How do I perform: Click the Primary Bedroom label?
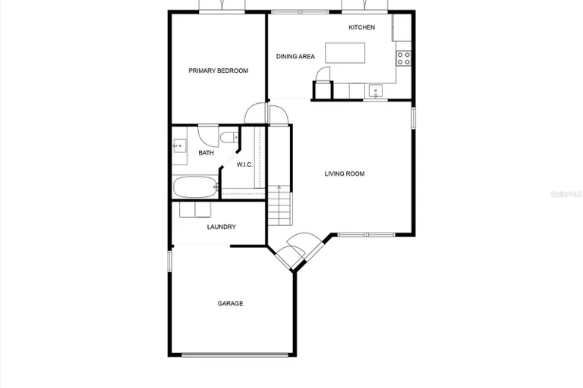[x=218, y=70]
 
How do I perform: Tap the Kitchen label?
[x=361, y=27]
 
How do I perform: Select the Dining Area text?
[x=295, y=56]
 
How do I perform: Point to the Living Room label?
[x=345, y=174]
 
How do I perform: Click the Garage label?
[x=230, y=304]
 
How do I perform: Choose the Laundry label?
[x=221, y=227]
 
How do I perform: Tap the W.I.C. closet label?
[x=244, y=164]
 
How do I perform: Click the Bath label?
[x=206, y=153]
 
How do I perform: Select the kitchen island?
[x=345, y=53]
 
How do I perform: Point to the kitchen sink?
[x=375, y=91]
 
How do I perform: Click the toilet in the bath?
[x=228, y=139]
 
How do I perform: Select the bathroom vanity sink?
[x=179, y=146]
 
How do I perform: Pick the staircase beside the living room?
[x=280, y=205]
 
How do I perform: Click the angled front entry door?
[x=292, y=250]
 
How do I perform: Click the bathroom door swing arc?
[x=206, y=133]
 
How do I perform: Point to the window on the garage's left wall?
[x=169, y=261]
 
